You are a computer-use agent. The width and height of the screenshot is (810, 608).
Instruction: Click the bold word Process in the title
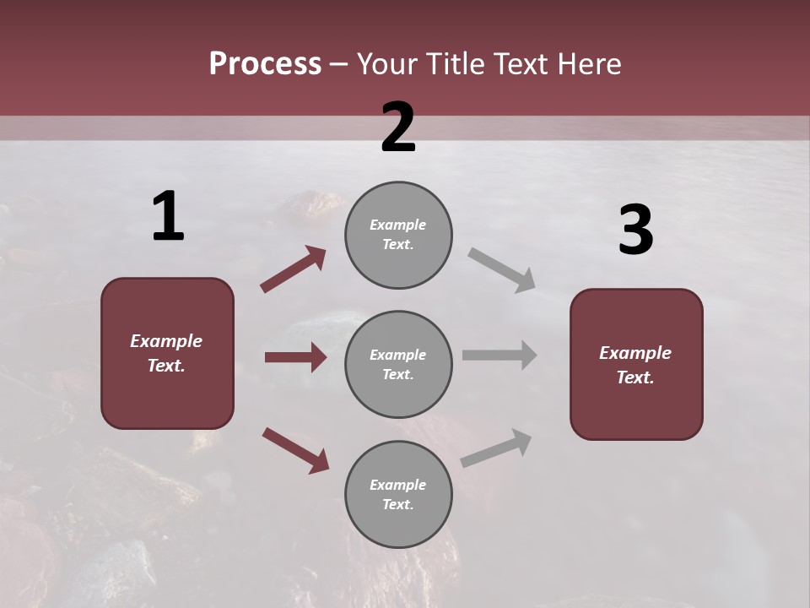[x=265, y=64]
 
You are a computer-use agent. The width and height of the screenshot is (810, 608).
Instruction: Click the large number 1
[x=168, y=217]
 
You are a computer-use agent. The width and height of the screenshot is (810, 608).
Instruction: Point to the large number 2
[x=398, y=128]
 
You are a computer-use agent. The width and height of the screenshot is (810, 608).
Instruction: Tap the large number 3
[x=635, y=231]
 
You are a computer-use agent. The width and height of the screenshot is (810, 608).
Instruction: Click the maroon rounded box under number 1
[x=167, y=353]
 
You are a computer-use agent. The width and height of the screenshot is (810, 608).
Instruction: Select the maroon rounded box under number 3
[x=636, y=364]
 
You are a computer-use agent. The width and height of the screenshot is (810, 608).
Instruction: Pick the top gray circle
[x=398, y=235]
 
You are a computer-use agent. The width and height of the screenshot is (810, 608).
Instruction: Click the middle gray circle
[x=398, y=364]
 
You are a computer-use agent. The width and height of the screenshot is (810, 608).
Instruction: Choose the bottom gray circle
[x=398, y=494]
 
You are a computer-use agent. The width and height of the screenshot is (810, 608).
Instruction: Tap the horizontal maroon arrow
[x=295, y=357]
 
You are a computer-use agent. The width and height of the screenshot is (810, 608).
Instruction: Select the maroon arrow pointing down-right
[x=295, y=449]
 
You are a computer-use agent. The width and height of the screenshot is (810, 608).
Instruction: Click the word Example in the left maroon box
[x=166, y=341]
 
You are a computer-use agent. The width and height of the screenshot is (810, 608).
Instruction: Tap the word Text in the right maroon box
[x=634, y=377]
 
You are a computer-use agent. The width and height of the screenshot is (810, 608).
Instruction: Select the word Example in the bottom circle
[x=397, y=485]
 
